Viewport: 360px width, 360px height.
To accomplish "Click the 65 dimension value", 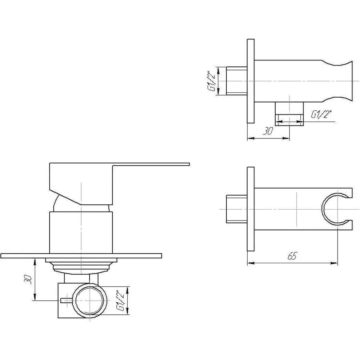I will click(x=292, y=256).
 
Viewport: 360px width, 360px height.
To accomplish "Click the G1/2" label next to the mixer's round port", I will click(x=119, y=301).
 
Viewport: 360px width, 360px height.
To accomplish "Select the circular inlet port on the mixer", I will click(x=90, y=301).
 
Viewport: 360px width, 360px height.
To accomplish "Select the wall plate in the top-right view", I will click(x=251, y=81).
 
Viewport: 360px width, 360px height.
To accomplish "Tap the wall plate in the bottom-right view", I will click(x=250, y=209).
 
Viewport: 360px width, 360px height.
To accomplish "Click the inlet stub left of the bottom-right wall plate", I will click(x=236, y=209).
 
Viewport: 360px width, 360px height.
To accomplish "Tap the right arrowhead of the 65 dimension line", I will click(x=335, y=263).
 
